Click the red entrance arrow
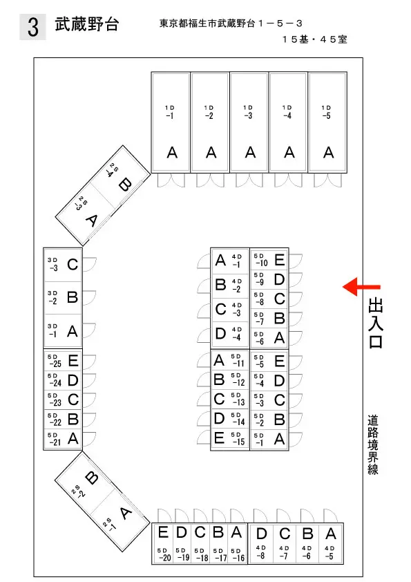[361, 287]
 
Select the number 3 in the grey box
[32, 27]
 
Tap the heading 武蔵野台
[87, 24]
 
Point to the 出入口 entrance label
[375, 323]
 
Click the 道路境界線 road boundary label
[373, 445]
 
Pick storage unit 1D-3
[249, 122]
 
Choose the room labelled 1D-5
[327, 122]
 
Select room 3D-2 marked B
[63, 298]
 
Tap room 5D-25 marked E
[63, 360]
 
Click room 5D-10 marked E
[269, 259]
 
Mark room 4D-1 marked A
[230, 261]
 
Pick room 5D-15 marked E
[230, 439]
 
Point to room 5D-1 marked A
[269, 440]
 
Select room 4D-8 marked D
[261, 543]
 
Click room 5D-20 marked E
[162, 543]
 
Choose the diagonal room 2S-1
[120, 520]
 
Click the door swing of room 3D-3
[90, 264]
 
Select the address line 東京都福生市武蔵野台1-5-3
[231, 24]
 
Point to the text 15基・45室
[314, 39]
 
